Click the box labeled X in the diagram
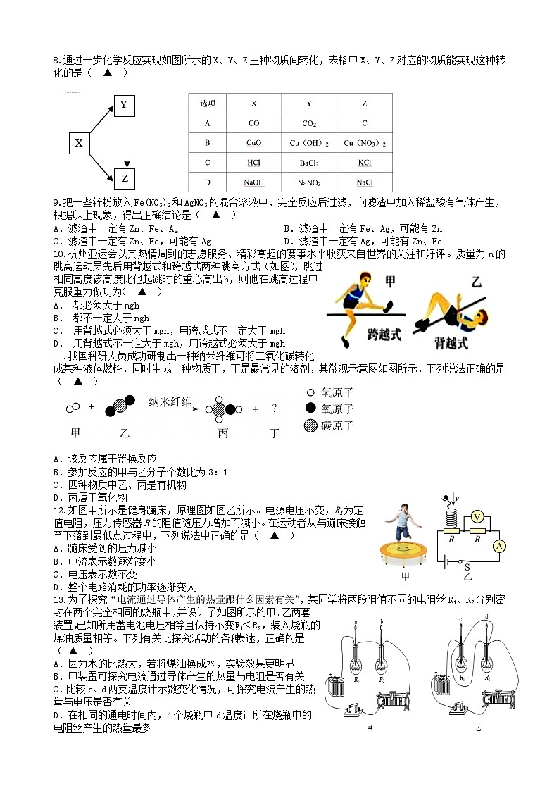tap(79, 144)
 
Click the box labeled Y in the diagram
tap(124, 106)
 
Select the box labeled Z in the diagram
tap(125, 178)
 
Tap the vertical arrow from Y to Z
tap(125, 142)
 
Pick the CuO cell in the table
tap(254, 143)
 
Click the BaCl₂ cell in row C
tap(309, 163)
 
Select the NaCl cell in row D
tap(364, 182)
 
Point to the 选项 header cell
tap(208, 103)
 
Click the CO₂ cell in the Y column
tap(309, 123)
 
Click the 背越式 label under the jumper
tap(451, 343)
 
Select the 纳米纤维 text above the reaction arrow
tap(170, 402)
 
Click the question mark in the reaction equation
tap(274, 409)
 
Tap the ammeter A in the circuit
tap(498, 546)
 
